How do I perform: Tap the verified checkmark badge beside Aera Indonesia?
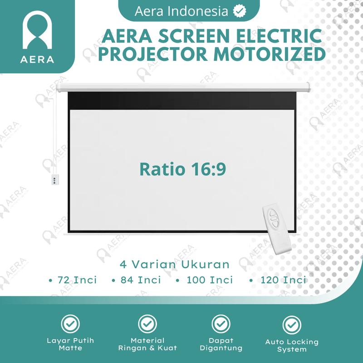(237, 11)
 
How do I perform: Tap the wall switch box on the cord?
(54, 180)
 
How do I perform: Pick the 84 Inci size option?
(140, 280)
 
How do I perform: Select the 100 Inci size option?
(209, 280)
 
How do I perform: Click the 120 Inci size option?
(282, 280)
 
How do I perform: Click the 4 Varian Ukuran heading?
(175, 264)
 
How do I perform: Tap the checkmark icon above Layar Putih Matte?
(70, 324)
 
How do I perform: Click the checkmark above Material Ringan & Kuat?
(147, 324)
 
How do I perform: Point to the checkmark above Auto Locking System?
(292, 325)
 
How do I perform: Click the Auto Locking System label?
(292, 345)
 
